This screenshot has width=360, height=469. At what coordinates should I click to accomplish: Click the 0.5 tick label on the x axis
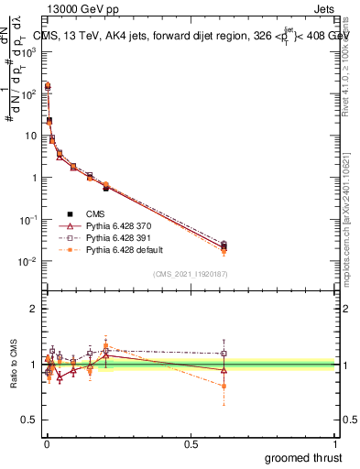click(x=191, y=444)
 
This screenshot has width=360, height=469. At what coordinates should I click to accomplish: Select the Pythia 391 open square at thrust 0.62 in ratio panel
click(x=224, y=354)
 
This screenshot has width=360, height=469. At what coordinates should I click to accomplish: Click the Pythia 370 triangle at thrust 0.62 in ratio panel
click(x=224, y=370)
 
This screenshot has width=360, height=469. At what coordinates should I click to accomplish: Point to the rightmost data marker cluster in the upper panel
click(x=224, y=246)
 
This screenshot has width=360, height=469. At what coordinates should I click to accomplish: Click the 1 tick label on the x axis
click(x=336, y=444)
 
